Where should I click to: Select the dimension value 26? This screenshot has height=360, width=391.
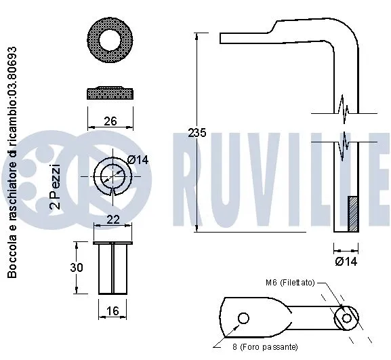click(x=111, y=121)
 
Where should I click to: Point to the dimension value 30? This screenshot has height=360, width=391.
click(x=77, y=268)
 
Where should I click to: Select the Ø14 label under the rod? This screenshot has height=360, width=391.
click(x=346, y=260)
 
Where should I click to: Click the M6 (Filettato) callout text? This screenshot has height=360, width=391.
click(x=289, y=283)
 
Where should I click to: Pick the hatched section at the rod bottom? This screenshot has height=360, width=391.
click(x=352, y=214)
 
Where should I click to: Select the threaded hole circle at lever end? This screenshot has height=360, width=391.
click(x=348, y=318)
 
